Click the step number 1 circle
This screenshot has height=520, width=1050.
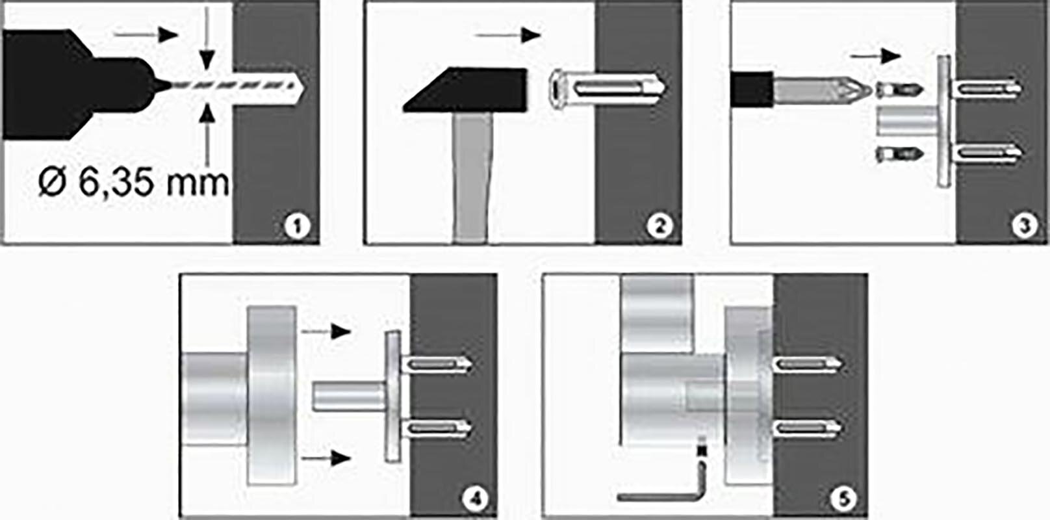(297, 226)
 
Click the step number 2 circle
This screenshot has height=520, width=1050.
(659, 226)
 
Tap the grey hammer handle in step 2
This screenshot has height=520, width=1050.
(472, 177)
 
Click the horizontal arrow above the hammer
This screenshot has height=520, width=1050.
(508, 35)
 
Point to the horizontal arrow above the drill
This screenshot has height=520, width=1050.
(146, 34)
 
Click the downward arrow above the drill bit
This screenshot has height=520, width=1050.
(207, 38)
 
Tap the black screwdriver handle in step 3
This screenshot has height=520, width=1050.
(752, 89)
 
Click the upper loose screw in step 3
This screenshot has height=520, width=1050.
(899, 90)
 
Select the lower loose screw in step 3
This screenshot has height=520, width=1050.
(899, 154)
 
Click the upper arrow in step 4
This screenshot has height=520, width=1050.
(326, 331)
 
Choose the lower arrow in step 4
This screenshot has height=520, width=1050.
(326, 457)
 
